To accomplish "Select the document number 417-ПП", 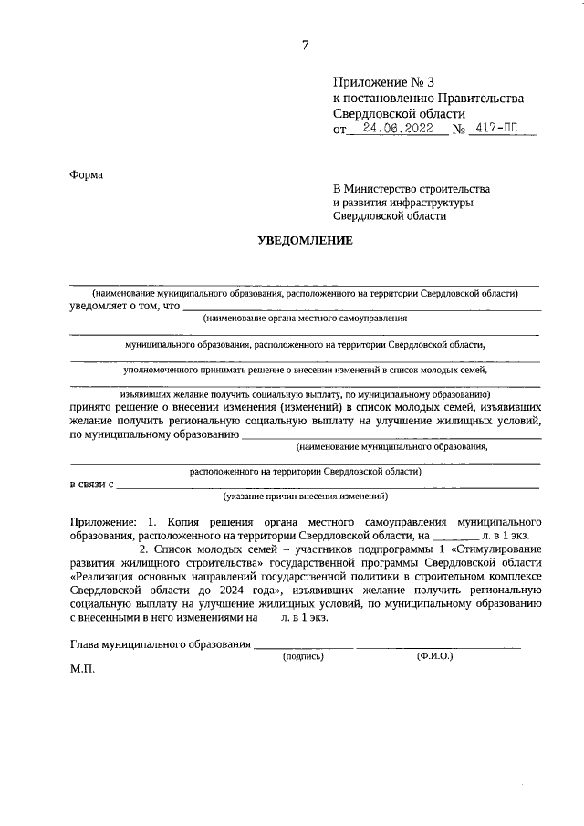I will click(x=501, y=130).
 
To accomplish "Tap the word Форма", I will click(x=87, y=174).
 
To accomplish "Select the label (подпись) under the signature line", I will click(x=303, y=656).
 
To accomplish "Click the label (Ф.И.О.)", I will click(x=435, y=656).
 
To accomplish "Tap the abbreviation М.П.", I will click(x=82, y=669).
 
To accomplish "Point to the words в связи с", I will click(x=91, y=484).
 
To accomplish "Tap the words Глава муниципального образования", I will click(x=160, y=644).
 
